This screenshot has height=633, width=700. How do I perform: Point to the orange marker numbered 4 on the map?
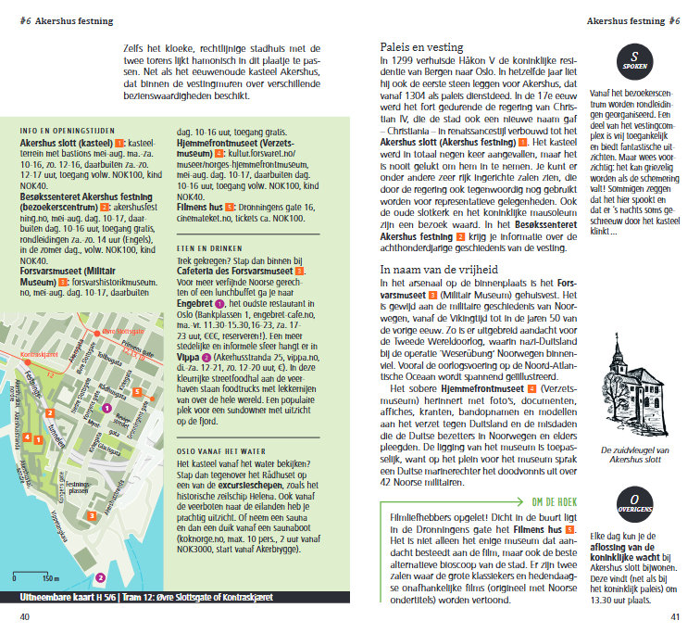28,462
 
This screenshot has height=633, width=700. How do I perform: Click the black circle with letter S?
634,61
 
